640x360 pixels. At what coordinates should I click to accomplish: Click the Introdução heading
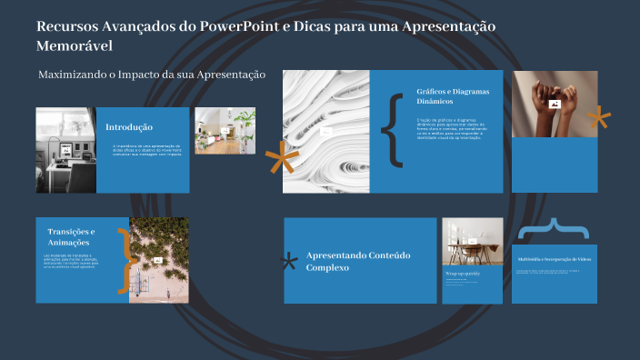[x=129, y=127]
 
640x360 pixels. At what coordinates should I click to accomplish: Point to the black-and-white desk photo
[x=65, y=149]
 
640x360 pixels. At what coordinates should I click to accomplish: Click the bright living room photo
[x=225, y=131]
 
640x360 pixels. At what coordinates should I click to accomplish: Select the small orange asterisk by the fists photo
[x=597, y=118]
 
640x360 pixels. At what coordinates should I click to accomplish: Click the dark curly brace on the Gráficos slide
[x=392, y=130]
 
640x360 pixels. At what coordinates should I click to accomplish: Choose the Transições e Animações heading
[x=71, y=236]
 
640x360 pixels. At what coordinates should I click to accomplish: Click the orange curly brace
[x=122, y=260]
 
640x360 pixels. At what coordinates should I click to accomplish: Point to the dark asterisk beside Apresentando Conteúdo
[x=290, y=263]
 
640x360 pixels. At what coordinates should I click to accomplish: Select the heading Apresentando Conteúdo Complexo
[x=358, y=262]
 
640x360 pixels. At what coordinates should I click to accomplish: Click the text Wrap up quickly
[x=463, y=273]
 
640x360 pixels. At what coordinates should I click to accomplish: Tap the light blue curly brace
[x=554, y=228]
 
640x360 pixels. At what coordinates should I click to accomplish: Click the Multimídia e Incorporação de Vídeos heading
[x=555, y=259]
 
